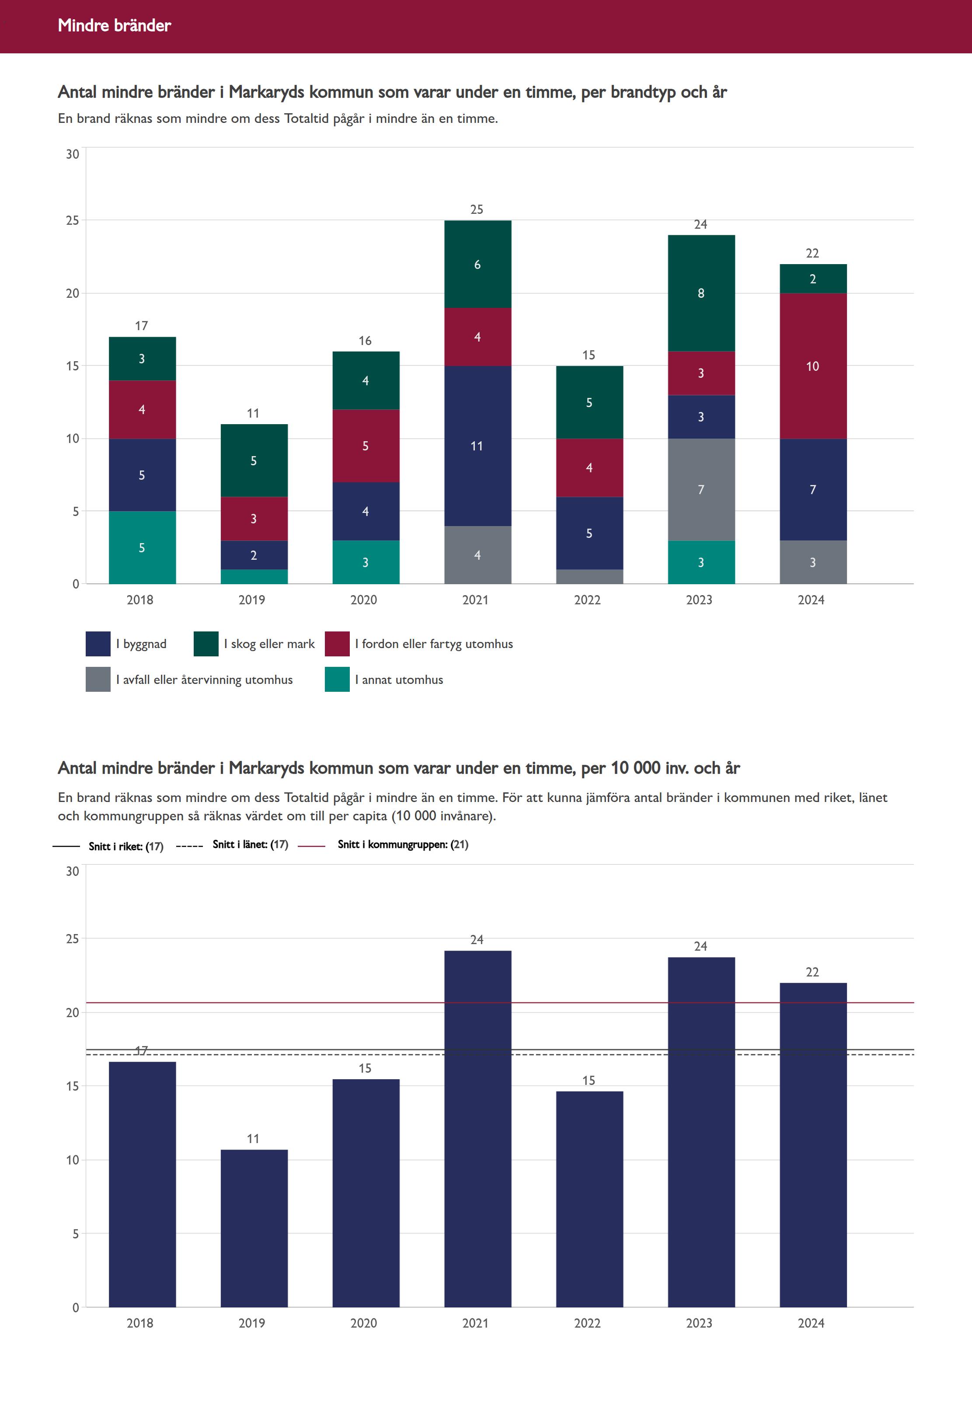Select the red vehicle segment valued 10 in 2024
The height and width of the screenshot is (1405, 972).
click(812, 366)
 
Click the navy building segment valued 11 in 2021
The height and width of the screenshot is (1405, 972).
click(477, 446)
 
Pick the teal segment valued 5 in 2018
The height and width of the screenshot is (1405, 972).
click(142, 547)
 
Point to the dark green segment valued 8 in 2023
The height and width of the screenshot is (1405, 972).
click(701, 293)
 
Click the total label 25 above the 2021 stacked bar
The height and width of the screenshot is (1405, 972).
click(477, 209)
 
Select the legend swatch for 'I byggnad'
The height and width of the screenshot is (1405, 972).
click(98, 644)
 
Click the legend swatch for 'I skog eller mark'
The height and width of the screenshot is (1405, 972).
click(206, 644)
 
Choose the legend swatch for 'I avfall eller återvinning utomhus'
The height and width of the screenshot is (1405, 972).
click(98, 680)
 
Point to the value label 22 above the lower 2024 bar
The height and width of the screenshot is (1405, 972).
click(812, 972)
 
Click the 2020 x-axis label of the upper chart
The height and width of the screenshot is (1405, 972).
click(364, 600)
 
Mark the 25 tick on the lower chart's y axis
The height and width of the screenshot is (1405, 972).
click(73, 938)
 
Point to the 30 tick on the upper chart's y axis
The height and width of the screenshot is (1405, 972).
click(73, 154)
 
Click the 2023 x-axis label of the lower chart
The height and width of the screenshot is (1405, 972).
click(699, 1323)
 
